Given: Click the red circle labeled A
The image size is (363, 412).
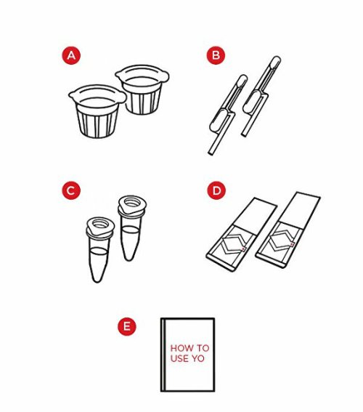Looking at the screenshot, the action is pos(71,55).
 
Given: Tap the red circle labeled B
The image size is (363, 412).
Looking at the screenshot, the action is pos(216,55).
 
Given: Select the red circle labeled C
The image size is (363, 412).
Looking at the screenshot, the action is pos(71,190).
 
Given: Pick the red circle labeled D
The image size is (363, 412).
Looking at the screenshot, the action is pos(216,190).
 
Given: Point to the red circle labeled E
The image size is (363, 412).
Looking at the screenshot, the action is pos(127,326).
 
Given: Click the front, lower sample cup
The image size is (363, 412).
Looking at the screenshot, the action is pos(97,111).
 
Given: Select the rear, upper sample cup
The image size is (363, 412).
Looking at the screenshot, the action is pos(142,89).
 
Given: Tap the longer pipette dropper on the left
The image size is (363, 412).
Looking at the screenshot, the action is pos(228,115).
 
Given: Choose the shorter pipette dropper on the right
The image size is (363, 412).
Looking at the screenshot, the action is pos(261,96).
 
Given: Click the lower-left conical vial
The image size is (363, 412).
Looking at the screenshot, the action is pos(99,250).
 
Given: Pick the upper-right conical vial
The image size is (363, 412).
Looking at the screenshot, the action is pos(131,228).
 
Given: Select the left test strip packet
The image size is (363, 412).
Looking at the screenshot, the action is pos(242,234).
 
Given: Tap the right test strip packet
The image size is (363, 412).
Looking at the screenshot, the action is pos(288,230).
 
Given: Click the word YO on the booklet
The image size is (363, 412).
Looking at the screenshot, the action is pos(198,358).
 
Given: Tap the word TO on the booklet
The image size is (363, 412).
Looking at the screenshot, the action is pos(203,348).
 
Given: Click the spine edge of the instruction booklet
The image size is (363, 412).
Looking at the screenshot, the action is pos(163,355).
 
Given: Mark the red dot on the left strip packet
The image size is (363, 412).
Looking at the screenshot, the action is pos(243,249).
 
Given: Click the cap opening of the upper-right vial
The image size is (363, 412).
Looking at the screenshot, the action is pos(132,202).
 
